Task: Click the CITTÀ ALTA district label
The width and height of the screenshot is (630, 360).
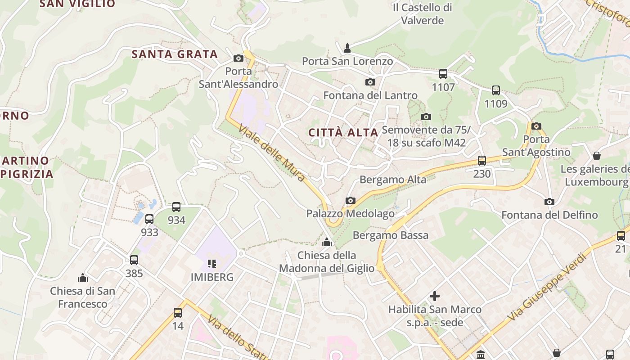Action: point(343,132)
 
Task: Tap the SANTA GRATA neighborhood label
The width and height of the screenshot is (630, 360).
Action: point(175,54)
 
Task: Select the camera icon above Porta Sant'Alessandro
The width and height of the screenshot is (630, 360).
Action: point(238,58)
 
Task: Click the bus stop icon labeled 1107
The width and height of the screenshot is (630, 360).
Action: point(443,74)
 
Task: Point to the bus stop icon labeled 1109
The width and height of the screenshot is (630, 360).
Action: point(496,90)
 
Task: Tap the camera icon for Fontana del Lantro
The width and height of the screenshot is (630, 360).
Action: point(370,82)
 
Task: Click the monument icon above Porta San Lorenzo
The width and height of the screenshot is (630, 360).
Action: point(347,48)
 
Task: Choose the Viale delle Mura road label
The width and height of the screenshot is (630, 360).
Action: point(272,153)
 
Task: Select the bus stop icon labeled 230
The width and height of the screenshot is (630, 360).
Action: point(482,161)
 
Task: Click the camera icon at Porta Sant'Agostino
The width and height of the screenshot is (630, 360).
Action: point(536,126)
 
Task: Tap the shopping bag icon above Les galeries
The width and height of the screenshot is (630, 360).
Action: point(597,156)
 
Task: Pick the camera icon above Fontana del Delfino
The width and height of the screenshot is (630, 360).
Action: point(549,202)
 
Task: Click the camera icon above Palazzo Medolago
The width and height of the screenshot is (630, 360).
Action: point(351,200)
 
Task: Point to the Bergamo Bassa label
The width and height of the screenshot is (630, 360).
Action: point(391,235)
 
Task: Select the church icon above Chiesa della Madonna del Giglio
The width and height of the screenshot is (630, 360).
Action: point(327,243)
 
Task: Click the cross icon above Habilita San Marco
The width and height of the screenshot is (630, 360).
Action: point(435,296)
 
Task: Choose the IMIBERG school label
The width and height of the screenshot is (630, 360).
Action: point(212,277)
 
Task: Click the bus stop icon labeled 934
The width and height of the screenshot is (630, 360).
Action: point(176,207)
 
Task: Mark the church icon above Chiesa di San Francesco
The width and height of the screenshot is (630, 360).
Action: point(83,277)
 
